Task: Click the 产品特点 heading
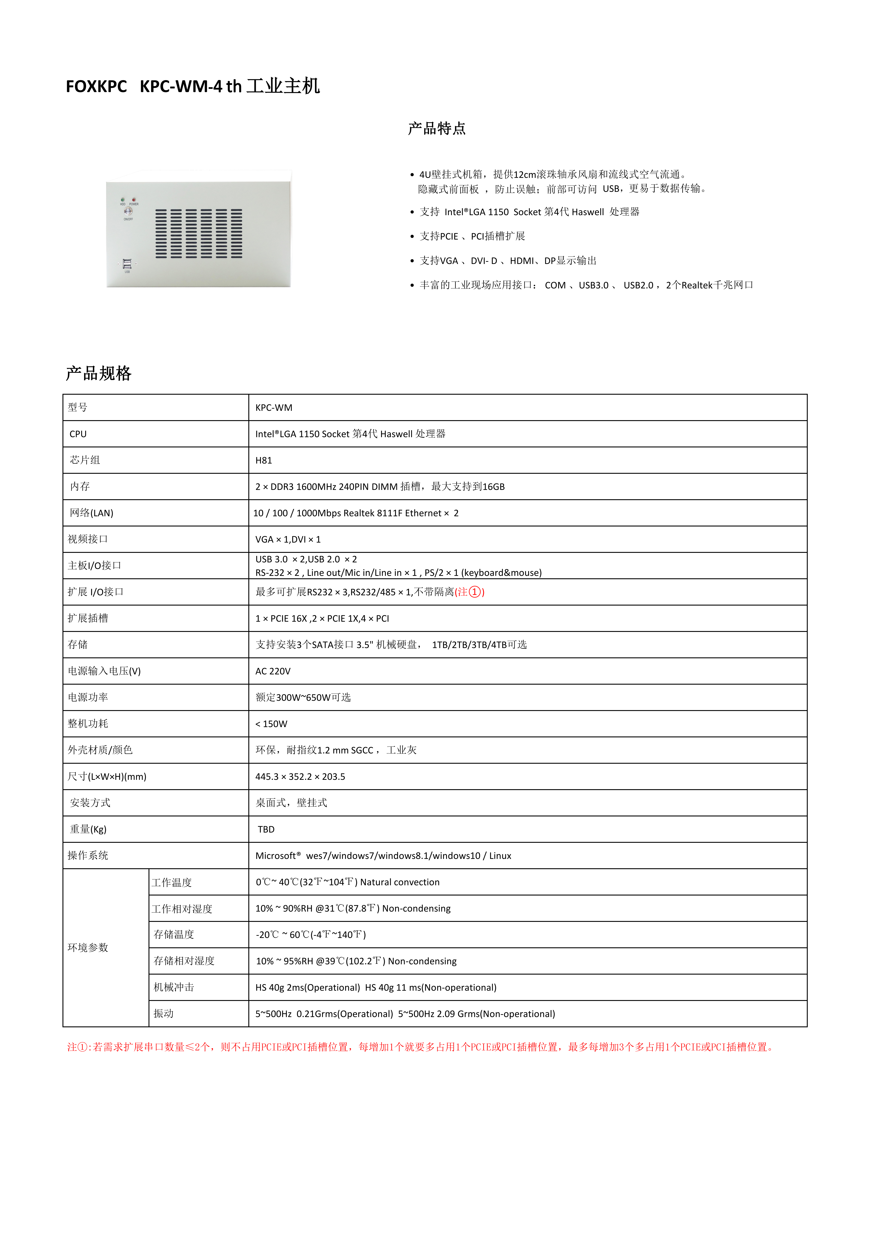click(437, 129)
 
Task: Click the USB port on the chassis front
click(127, 264)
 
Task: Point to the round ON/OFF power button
click(128, 211)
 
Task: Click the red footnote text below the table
click(420, 1047)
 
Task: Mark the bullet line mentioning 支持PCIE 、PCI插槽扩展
click(472, 236)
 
